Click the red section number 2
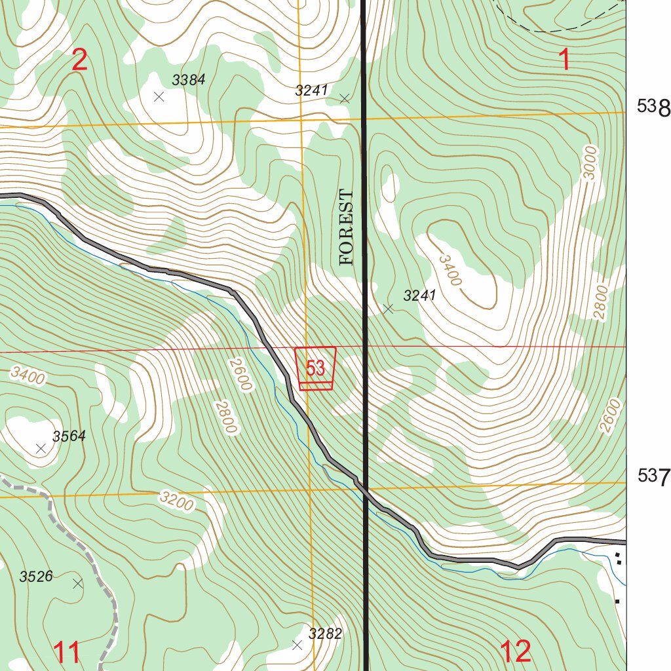coord(79,60)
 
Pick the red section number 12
coord(515,651)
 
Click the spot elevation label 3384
coord(189,80)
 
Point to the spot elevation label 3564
coord(69,436)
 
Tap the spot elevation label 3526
coord(36,577)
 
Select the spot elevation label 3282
coord(326,634)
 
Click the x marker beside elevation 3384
coord(158,97)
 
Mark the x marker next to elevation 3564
coord(41,448)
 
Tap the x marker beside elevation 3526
coord(78,583)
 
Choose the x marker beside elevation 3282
coord(297,645)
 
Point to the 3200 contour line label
coord(177,501)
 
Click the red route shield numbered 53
coord(316,368)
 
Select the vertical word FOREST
coord(347,227)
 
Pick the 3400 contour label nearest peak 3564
coord(28,377)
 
